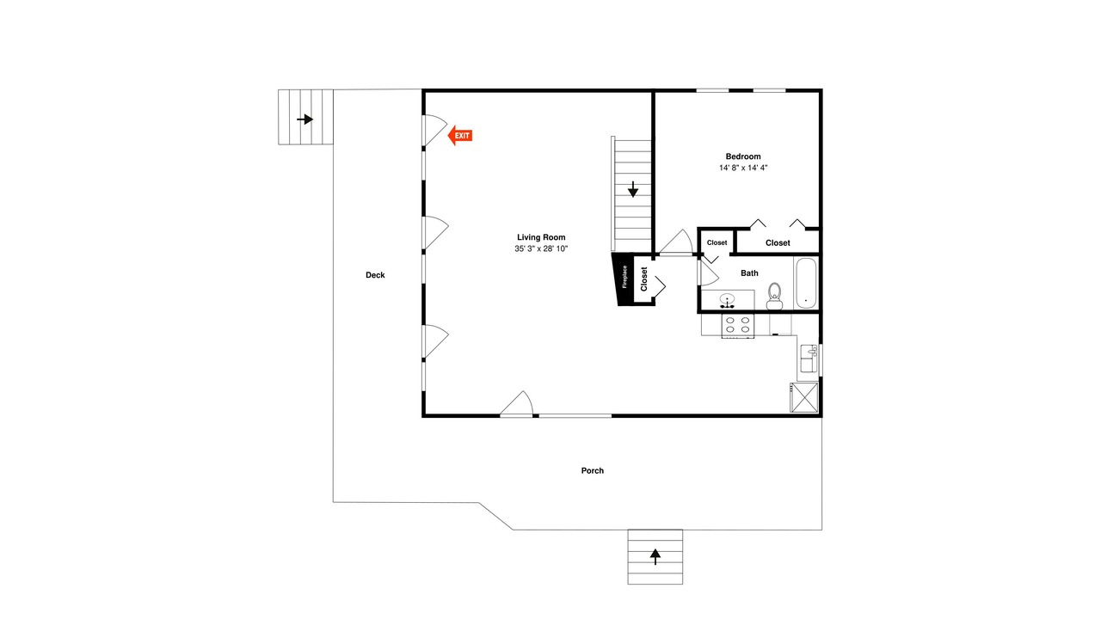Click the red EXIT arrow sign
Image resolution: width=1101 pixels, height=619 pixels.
tap(460, 136)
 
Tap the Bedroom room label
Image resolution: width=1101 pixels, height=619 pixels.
tap(742, 156)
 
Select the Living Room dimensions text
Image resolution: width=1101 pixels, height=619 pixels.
tap(541, 249)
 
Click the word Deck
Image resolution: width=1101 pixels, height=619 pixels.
tap(375, 275)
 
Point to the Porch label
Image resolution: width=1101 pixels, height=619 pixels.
tap(593, 470)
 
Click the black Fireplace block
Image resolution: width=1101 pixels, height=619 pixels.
tap(622, 279)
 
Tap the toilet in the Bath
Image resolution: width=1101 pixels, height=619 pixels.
tap(775, 297)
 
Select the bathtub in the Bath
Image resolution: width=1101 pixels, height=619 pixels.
tap(806, 283)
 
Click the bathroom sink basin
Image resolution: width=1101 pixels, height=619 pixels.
tap(727, 300)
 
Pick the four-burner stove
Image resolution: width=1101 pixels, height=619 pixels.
tap(738, 326)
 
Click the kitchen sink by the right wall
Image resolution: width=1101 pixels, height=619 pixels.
tap(809, 359)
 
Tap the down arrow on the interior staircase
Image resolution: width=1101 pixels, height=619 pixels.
tap(633, 189)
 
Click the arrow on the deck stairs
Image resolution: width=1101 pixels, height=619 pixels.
tap(305, 119)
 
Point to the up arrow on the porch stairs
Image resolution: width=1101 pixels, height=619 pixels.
tap(655, 556)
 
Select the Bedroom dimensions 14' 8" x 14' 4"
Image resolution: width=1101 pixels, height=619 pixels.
tap(743, 168)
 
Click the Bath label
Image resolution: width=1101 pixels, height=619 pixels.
tap(749, 273)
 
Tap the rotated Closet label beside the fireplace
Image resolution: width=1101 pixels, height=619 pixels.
tap(644, 279)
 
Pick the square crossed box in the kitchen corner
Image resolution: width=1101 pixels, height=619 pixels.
tap(804, 397)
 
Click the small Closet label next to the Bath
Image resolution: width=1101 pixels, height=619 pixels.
tap(717, 242)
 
